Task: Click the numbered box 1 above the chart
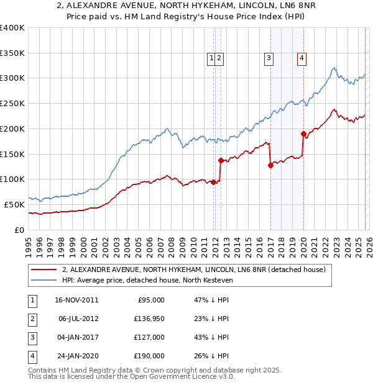(211, 58)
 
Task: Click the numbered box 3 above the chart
(269, 58)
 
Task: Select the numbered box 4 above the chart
(302, 58)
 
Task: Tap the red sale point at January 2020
(303, 134)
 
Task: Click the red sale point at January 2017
(270, 165)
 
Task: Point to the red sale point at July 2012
(221, 160)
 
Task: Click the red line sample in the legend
(44, 270)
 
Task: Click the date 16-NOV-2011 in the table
(76, 300)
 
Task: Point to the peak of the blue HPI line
(334, 68)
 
